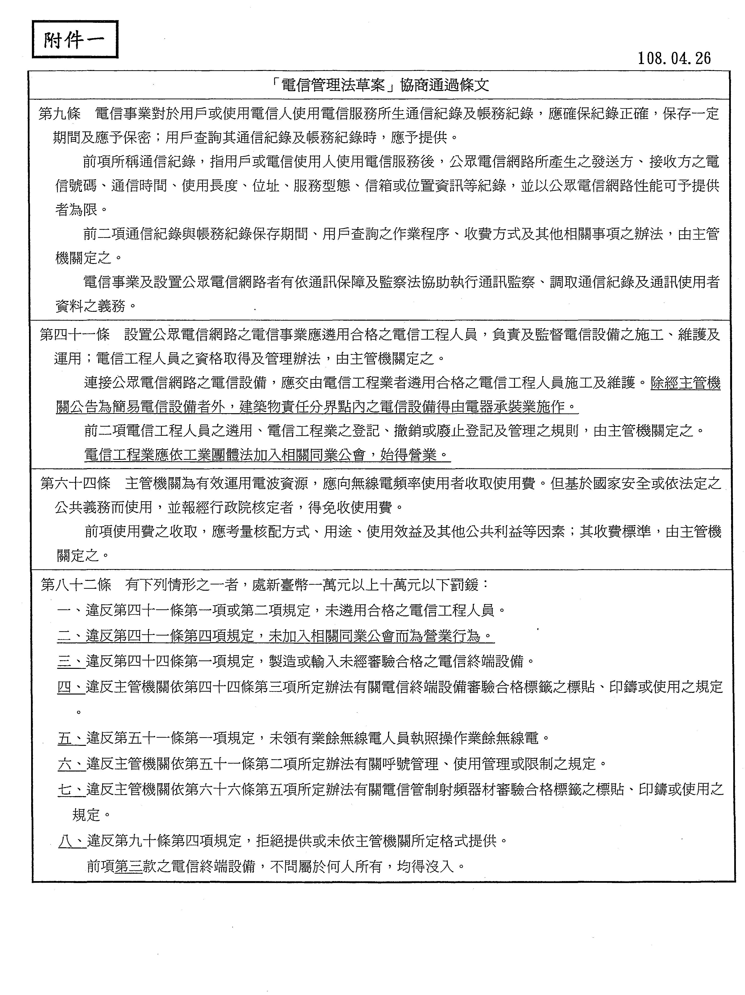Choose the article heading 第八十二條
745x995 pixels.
click(76, 585)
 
